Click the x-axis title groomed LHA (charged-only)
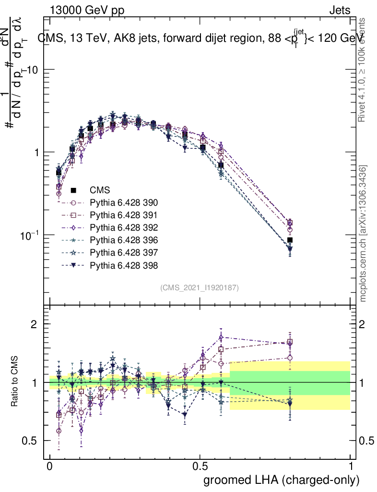pos(282,480)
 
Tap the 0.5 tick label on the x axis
pos(200,467)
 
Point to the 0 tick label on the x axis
pos(50,467)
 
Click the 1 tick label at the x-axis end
pos(351,467)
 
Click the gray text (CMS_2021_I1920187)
pos(200,288)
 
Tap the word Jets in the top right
pos(339,10)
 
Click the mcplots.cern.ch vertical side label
pos(364,234)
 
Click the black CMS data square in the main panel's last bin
pos(290,240)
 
